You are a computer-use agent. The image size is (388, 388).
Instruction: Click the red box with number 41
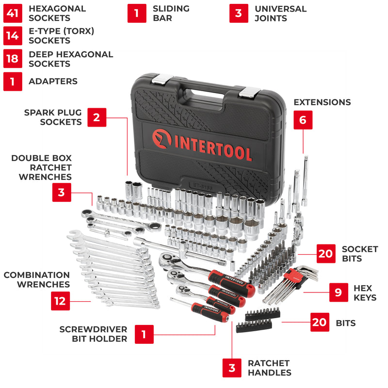pyautogui.click(x=13, y=14)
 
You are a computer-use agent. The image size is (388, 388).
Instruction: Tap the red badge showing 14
pyautogui.click(x=13, y=36)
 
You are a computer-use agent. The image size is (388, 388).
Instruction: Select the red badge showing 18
pyautogui.click(x=13, y=59)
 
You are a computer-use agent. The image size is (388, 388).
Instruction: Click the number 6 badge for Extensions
pyautogui.click(x=303, y=120)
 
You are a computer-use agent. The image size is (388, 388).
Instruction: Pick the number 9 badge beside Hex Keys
pyautogui.click(x=339, y=292)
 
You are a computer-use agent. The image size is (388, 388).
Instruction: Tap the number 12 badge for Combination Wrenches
pyautogui.click(x=60, y=301)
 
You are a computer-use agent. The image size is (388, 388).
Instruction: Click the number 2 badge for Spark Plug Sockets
pyautogui.click(x=97, y=117)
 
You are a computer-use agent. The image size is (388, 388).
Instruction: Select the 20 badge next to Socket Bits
pyautogui.click(x=326, y=253)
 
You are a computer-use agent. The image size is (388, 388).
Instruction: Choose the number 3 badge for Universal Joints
pyautogui.click(x=239, y=14)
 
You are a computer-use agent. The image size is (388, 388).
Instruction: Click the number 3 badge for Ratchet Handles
pyautogui.click(x=232, y=368)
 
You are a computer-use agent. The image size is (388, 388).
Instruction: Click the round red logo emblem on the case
pyautogui.click(x=162, y=139)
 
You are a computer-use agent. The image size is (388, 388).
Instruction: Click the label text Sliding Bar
pyautogui.click(x=171, y=14)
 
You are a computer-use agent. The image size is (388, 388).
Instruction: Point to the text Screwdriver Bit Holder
pyautogui.click(x=93, y=334)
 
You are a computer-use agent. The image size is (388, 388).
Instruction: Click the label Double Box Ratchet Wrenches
pyautogui.click(x=42, y=167)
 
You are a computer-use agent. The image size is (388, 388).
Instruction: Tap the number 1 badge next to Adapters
pyautogui.click(x=13, y=81)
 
